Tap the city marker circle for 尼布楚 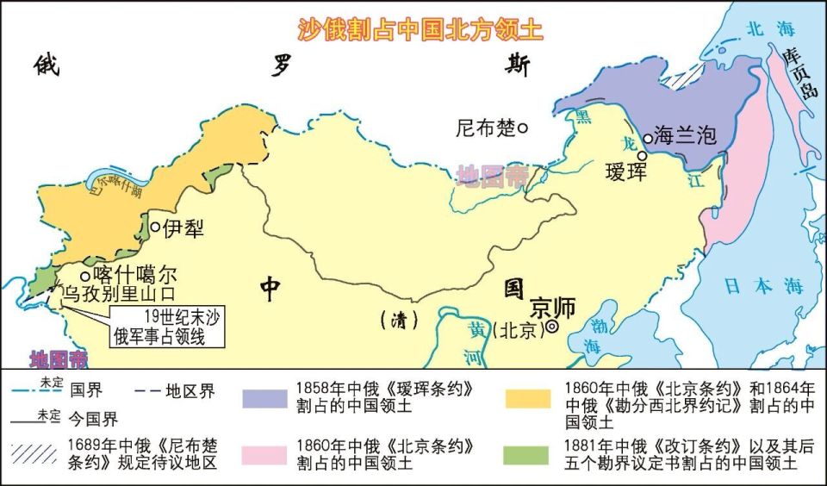(x=522, y=128)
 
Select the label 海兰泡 (x=685, y=134)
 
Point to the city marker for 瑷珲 (x=642, y=156)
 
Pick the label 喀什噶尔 (x=134, y=275)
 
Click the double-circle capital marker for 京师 (x=551, y=327)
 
